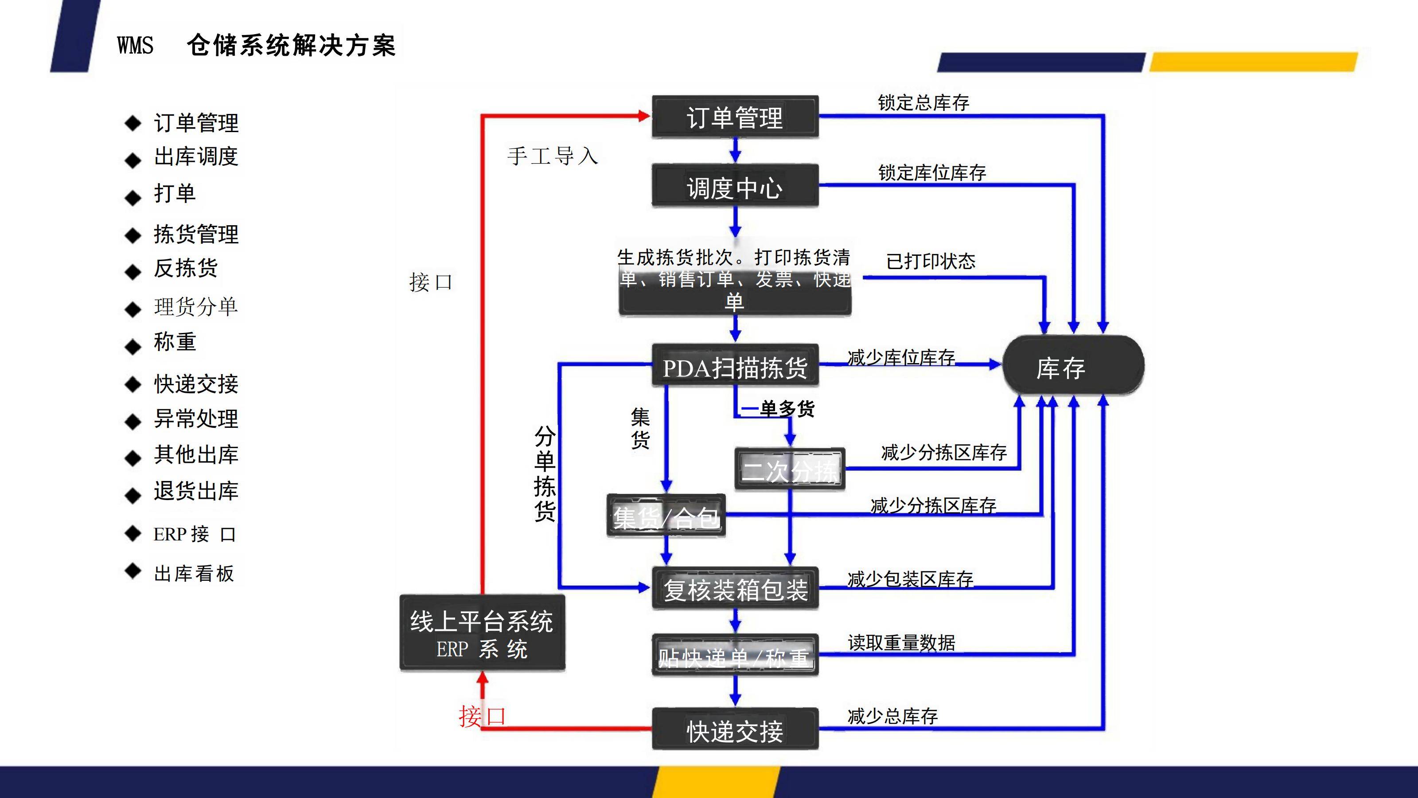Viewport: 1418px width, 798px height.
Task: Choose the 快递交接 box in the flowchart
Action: (735, 730)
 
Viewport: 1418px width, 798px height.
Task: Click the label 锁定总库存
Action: (923, 103)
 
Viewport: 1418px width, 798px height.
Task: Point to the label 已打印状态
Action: (930, 261)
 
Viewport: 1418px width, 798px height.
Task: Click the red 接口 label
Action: (482, 716)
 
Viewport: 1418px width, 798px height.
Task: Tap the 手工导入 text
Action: (552, 156)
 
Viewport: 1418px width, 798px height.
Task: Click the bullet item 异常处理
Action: (196, 419)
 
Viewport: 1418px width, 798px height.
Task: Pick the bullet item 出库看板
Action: (194, 574)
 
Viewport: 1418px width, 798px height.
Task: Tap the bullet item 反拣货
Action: (186, 269)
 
